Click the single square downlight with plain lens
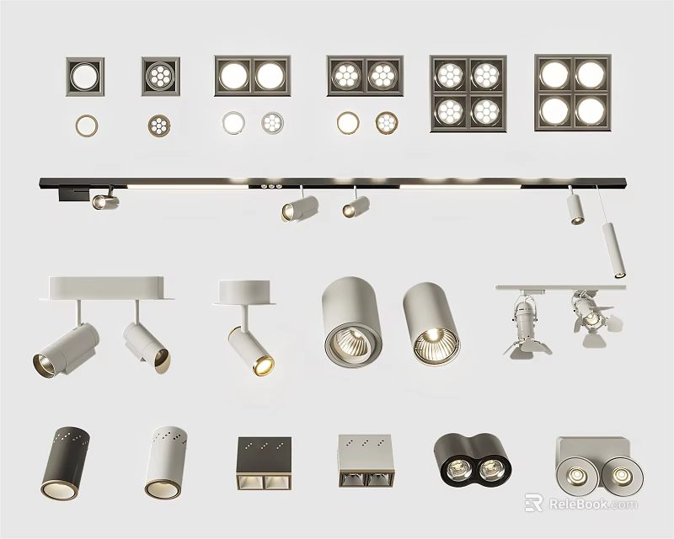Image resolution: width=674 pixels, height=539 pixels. point(85,77)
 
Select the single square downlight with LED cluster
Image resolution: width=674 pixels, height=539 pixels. point(160,77)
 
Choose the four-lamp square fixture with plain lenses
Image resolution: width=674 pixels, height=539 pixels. point(572,93)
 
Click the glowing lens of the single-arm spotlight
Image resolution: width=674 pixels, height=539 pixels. point(262,364)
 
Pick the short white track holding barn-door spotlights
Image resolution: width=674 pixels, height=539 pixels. point(560,288)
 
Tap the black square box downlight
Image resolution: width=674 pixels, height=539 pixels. point(264,462)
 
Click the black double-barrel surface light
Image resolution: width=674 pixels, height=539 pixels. point(468,460)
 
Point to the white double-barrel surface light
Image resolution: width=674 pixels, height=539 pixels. point(592,464)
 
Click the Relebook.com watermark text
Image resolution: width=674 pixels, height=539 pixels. point(593,504)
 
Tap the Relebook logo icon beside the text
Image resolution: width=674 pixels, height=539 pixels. point(532,503)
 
